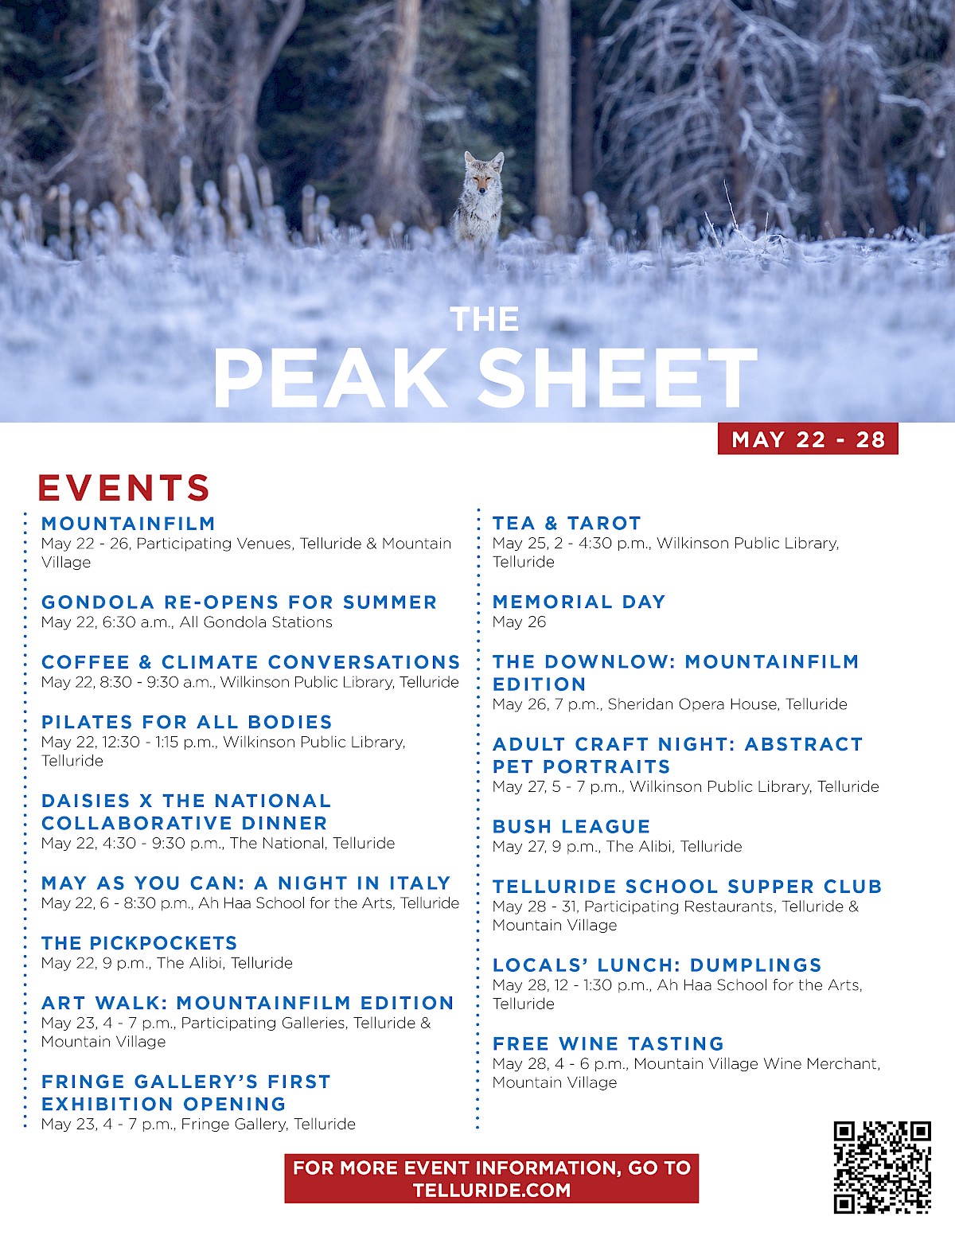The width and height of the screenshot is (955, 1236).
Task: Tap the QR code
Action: (x=882, y=1167)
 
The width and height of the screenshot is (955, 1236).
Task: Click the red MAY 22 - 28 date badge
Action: (x=808, y=439)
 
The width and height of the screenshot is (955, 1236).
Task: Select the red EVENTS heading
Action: (x=124, y=488)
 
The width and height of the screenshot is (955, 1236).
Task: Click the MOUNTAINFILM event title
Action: (x=128, y=524)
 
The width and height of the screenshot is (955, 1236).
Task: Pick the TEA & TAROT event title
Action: (x=567, y=524)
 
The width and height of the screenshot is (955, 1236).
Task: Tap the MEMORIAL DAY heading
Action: (x=579, y=602)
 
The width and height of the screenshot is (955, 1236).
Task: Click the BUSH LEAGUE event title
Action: (x=571, y=827)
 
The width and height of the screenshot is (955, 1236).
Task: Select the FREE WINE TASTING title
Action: (x=608, y=1043)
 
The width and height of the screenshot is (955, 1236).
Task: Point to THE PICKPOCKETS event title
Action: (x=139, y=943)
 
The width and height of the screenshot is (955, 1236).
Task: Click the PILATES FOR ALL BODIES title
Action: (x=186, y=722)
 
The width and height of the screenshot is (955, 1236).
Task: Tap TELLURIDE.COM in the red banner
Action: (x=491, y=1191)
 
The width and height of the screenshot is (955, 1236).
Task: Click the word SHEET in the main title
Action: (x=618, y=379)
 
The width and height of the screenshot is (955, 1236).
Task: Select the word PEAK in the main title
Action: (x=331, y=379)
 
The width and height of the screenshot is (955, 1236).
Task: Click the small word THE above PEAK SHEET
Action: (x=484, y=320)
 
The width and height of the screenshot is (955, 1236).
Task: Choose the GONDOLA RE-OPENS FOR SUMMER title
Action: (x=239, y=602)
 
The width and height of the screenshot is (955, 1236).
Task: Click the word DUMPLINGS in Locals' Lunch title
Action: (x=755, y=965)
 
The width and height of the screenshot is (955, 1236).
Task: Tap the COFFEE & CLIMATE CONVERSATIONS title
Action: (x=251, y=662)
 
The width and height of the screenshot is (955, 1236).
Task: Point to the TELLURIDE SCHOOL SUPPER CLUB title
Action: (x=687, y=887)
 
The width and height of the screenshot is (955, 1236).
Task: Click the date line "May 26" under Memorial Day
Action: (x=519, y=622)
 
